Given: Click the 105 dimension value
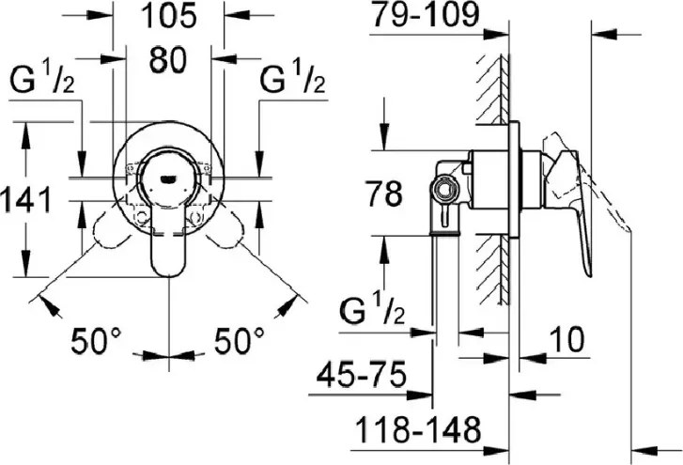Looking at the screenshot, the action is [169, 16].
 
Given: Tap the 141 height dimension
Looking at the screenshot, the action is [26, 200].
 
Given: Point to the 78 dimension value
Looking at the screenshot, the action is [383, 194].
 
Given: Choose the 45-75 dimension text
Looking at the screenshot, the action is [361, 374].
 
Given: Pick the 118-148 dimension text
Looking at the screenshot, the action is [418, 429].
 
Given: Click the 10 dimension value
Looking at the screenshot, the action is [566, 340].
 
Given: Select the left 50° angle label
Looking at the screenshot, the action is [96, 341].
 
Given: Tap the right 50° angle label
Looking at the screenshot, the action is [239, 341].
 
